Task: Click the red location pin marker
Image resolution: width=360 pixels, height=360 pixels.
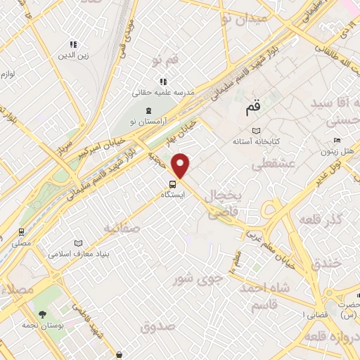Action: (181, 165)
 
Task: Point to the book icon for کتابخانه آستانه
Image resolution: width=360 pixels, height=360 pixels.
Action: (256, 131)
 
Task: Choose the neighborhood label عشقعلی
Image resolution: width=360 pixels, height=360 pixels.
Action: (267, 165)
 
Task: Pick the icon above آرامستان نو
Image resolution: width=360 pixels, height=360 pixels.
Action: (148, 110)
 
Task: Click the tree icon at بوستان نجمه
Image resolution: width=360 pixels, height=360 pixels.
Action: (42, 314)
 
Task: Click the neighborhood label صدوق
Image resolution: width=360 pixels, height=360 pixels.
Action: (156, 326)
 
